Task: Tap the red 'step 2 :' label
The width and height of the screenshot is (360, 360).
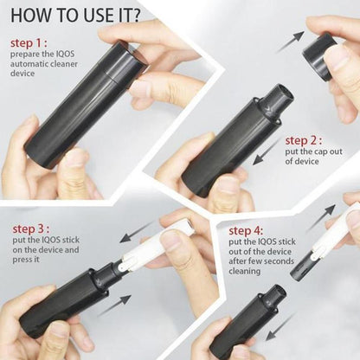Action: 305,140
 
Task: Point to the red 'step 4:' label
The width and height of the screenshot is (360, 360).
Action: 247,232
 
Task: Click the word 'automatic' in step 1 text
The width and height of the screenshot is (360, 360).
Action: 29,63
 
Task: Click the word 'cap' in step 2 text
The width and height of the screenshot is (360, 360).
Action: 316,152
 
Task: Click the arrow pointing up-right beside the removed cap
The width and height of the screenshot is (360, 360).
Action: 290,41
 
